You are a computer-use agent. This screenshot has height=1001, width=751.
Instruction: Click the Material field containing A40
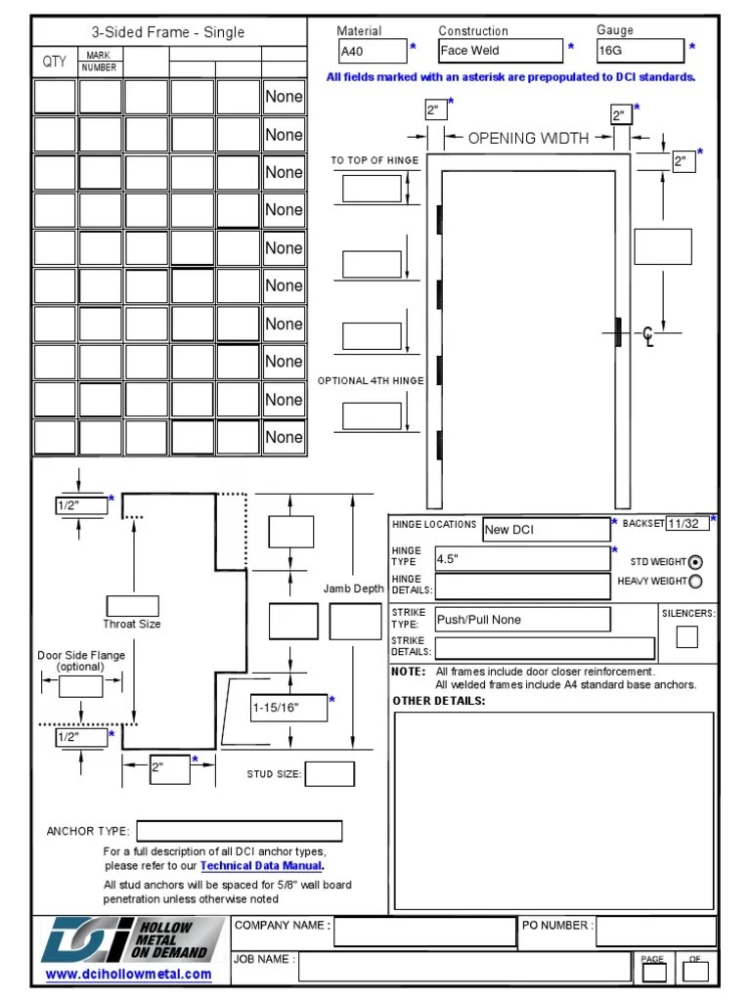[x=372, y=51]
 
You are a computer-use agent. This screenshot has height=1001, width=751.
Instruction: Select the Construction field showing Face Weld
[x=500, y=51]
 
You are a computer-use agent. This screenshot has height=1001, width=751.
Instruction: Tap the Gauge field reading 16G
[x=640, y=51]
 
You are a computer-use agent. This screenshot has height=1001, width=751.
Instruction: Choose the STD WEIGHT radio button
[x=695, y=562]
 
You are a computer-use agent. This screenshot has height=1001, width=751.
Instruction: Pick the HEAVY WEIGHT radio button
[x=695, y=582]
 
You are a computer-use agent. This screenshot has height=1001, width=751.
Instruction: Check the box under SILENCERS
[x=687, y=636]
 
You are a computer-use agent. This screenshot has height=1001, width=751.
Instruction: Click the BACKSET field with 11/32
[x=687, y=524]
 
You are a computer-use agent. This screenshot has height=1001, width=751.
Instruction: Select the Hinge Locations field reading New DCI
[x=547, y=530]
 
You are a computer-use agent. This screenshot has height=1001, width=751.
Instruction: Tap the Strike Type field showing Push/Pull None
[x=522, y=619]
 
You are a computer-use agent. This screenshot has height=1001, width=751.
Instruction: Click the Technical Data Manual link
[x=261, y=866]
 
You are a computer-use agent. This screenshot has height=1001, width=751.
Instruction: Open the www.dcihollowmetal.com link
[x=128, y=974]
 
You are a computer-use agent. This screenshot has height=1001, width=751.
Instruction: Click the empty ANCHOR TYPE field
[x=239, y=831]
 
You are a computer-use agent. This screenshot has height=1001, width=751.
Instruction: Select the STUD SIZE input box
[x=330, y=774]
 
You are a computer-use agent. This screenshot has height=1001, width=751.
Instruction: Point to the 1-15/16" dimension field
[x=288, y=708]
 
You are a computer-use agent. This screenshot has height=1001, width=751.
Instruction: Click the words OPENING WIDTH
[x=528, y=138]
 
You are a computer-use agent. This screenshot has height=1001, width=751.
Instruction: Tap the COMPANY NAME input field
[x=423, y=931]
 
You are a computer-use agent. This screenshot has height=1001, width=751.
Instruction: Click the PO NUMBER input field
[x=655, y=931]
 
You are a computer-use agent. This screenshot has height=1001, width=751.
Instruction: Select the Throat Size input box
[x=132, y=605]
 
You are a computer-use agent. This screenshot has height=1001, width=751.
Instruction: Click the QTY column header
[x=55, y=62]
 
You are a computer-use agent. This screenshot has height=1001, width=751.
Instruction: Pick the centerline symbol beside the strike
[x=647, y=338]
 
